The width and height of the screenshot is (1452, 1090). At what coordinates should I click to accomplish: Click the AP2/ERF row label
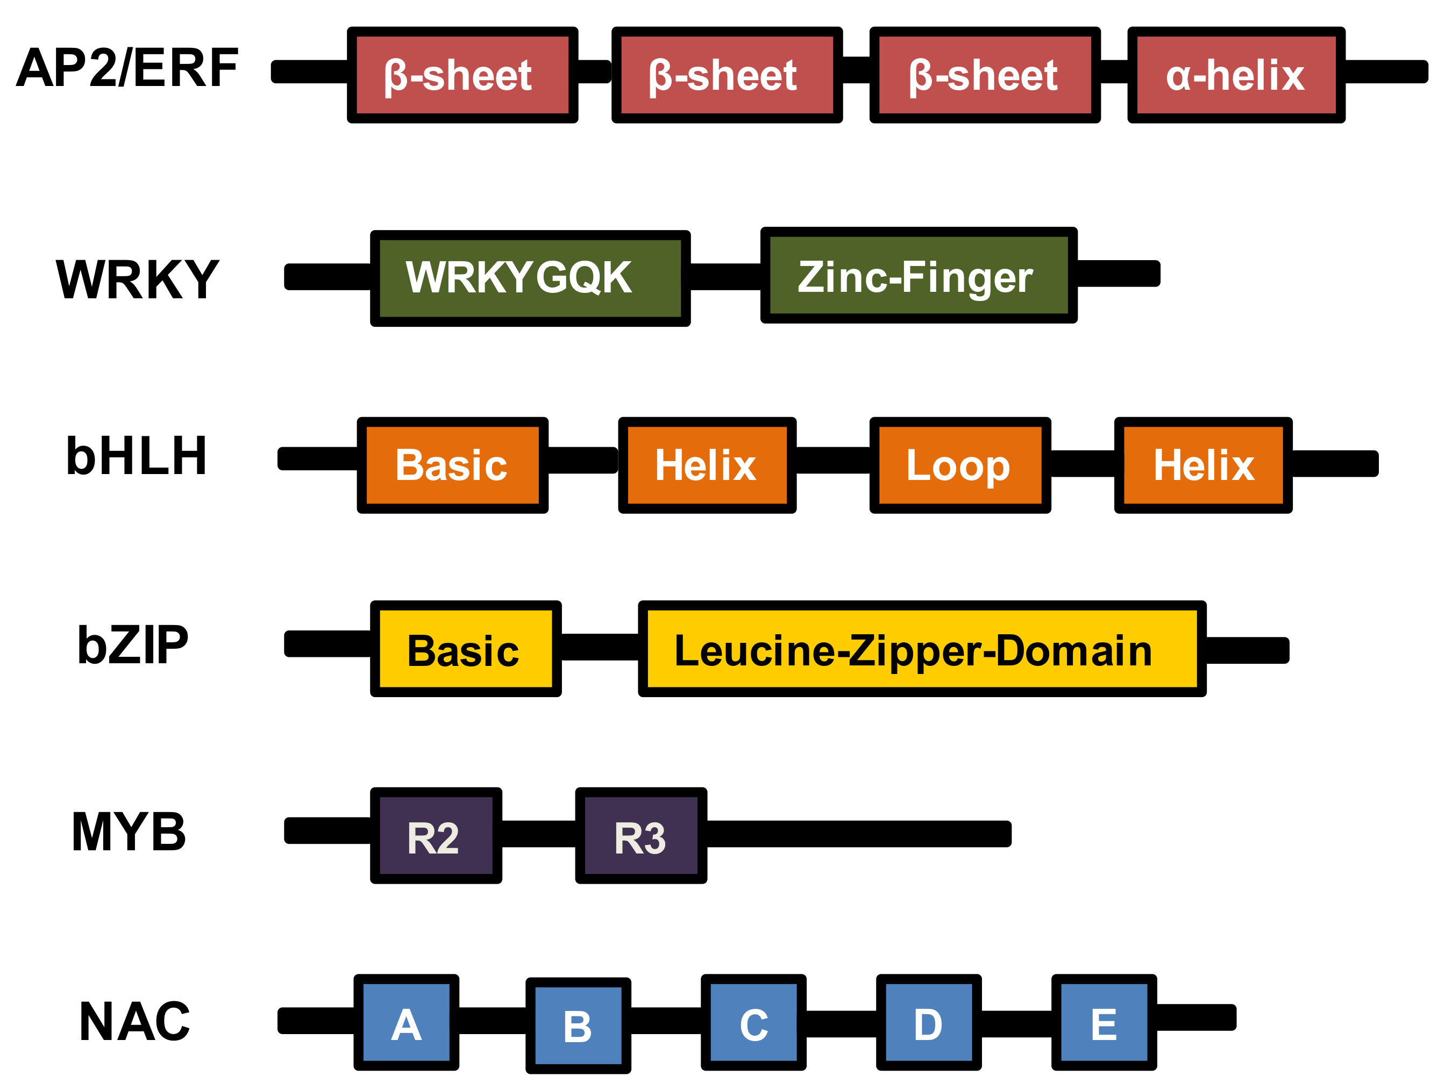pyautogui.click(x=127, y=68)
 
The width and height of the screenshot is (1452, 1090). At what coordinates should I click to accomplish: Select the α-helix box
pyautogui.click(x=1236, y=75)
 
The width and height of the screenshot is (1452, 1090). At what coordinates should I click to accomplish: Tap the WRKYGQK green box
pyautogui.click(x=530, y=278)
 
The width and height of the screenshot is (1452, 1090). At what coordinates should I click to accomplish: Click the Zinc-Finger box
pyautogui.click(x=919, y=276)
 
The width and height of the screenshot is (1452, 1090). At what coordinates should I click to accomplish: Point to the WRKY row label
pyautogui.click(x=137, y=279)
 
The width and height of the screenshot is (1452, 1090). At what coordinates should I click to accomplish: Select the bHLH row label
pyautogui.click(x=137, y=456)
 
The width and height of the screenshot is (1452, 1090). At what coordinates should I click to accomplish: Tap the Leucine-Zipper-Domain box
pyautogui.click(x=922, y=649)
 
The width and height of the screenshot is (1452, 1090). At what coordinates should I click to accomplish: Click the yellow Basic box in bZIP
pyautogui.click(x=465, y=649)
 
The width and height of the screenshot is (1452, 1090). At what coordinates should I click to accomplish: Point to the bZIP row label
pyautogui.click(x=133, y=645)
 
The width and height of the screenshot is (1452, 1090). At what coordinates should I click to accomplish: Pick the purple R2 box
pyautogui.click(x=436, y=835)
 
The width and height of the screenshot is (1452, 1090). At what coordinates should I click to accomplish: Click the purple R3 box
pyautogui.click(x=640, y=835)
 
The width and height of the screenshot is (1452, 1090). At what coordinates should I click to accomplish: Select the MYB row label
pyautogui.click(x=129, y=831)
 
